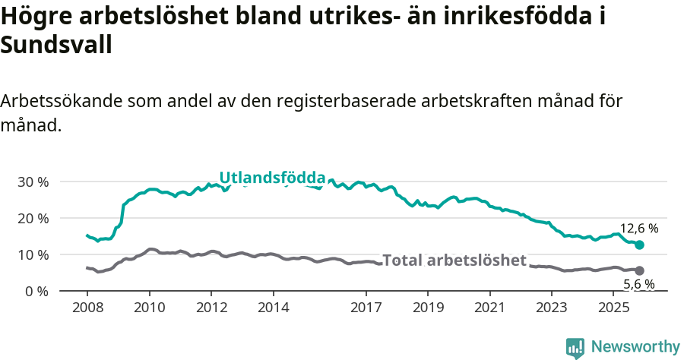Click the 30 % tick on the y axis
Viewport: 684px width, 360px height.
click(x=32, y=182)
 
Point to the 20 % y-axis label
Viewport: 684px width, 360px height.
click(x=32, y=219)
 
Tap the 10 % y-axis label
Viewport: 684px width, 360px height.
click(x=32, y=254)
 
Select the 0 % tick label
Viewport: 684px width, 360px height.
click(x=36, y=291)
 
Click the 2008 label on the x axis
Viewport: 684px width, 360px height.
click(x=87, y=308)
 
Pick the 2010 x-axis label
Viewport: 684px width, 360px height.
click(x=149, y=308)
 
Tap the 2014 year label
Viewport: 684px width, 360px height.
click(x=273, y=308)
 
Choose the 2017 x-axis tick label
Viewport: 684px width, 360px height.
click(x=366, y=308)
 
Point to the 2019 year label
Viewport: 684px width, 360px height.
click(x=427, y=308)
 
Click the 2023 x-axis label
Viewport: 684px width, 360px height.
click(x=551, y=308)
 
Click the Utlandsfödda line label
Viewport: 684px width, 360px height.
click(x=272, y=178)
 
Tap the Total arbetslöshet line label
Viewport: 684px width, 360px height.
click(x=454, y=261)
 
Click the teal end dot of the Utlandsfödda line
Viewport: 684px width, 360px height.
click(x=640, y=245)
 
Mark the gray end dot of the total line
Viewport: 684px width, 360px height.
click(x=639, y=270)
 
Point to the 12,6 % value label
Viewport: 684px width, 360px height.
click(x=639, y=228)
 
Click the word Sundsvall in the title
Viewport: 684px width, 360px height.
click(x=56, y=46)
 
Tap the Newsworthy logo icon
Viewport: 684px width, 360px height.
click(x=575, y=347)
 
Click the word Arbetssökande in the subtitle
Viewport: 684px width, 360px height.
click(x=62, y=102)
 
